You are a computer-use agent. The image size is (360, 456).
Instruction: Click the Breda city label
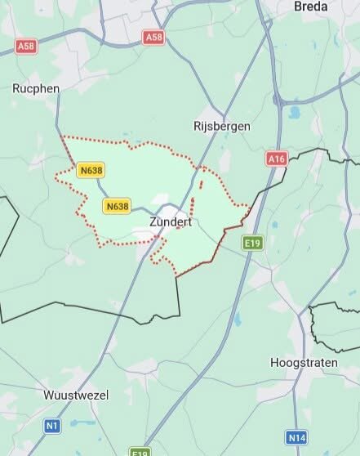[310, 6]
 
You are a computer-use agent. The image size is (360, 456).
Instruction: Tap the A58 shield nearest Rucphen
[27, 47]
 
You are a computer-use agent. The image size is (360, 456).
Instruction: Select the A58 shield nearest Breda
[153, 37]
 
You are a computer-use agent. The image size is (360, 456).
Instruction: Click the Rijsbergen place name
[221, 126]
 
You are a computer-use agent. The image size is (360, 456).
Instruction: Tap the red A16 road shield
[277, 159]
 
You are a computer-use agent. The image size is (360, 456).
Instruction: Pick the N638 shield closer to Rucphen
[91, 170]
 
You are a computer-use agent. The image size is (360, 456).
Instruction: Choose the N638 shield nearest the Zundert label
[117, 206]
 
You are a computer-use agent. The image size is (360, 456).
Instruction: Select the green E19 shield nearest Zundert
[251, 243]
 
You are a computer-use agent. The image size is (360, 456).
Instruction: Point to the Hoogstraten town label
[304, 362]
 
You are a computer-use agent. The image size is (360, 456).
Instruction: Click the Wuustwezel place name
[76, 396]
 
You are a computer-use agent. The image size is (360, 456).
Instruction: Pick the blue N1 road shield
[52, 426]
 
